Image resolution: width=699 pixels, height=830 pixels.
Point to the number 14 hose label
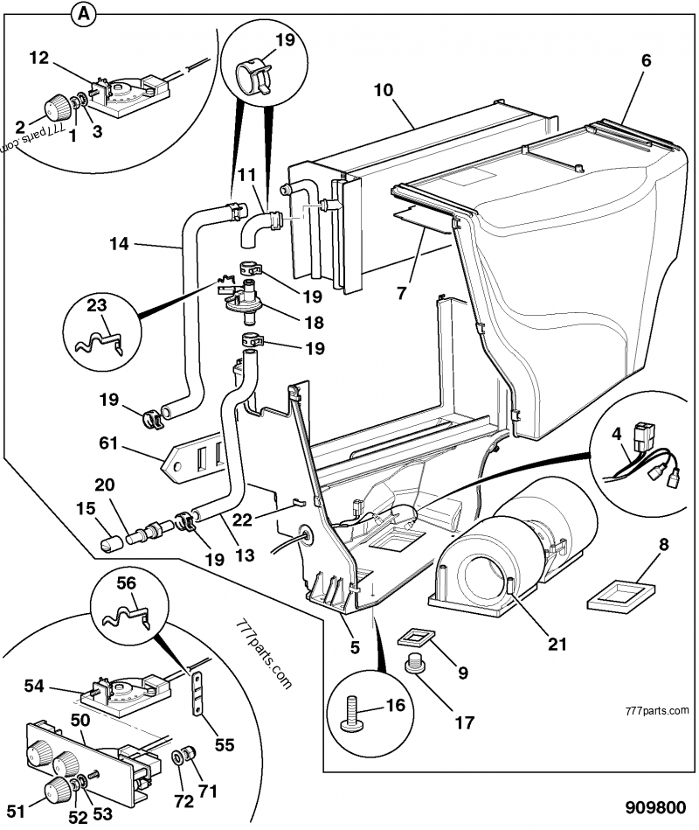click(x=119, y=244)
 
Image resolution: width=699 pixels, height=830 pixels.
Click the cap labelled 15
click(x=108, y=544)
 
